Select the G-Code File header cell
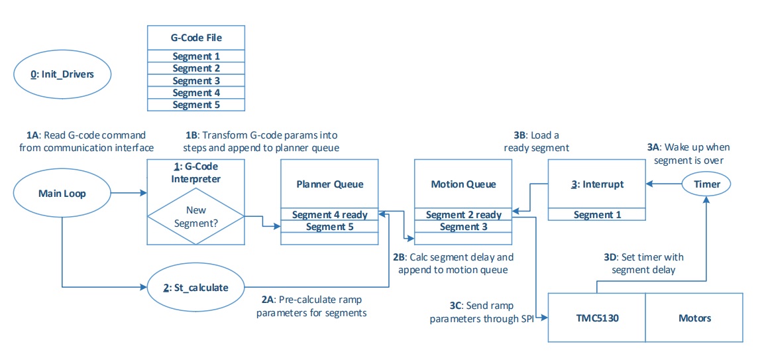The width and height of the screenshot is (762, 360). click(196, 38)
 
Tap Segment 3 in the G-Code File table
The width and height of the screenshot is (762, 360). click(196, 80)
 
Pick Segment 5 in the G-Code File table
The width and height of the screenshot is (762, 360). click(196, 104)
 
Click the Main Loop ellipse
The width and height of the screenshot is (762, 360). click(61, 194)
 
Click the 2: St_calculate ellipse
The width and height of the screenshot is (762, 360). click(195, 288)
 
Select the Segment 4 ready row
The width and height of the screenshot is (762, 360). click(329, 215)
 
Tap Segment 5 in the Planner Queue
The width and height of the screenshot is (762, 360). click(329, 227)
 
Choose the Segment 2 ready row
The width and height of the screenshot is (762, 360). click(463, 215)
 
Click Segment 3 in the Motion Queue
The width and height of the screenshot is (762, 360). click(463, 227)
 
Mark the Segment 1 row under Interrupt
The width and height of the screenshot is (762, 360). click(597, 215)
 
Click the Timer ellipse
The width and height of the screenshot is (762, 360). click(707, 184)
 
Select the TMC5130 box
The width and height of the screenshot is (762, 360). click(596, 318)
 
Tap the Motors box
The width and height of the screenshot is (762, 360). click(694, 318)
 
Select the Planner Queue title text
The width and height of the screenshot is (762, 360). click(329, 184)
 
